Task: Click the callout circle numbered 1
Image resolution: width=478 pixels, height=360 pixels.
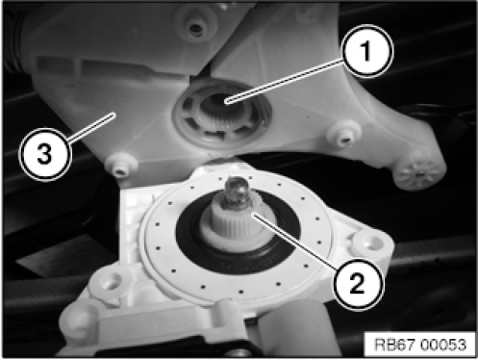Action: (x=366, y=51)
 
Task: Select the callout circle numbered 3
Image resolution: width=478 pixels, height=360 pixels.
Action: (x=44, y=153)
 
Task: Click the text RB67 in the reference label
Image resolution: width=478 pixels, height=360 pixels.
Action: (x=395, y=345)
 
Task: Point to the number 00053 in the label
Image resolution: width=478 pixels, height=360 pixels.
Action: (x=443, y=345)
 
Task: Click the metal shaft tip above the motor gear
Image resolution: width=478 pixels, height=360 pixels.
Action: (x=237, y=192)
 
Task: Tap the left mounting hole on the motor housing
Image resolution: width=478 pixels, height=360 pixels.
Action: (x=108, y=282)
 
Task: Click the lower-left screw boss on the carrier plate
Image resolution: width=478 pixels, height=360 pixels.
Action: (x=121, y=167)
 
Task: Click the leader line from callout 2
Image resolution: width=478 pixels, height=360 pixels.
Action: (x=294, y=242)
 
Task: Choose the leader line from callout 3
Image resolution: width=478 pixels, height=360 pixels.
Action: (x=90, y=127)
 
